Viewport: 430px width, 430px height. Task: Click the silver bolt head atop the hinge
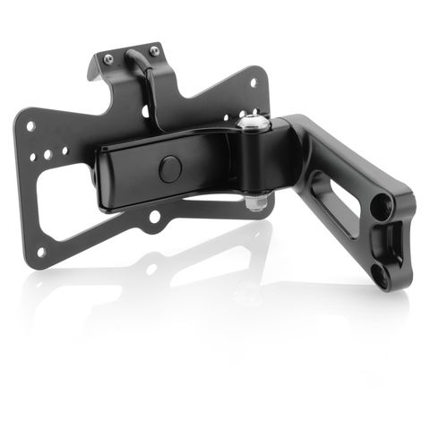pos(253,124)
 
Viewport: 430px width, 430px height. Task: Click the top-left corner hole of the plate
pos(30,126)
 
